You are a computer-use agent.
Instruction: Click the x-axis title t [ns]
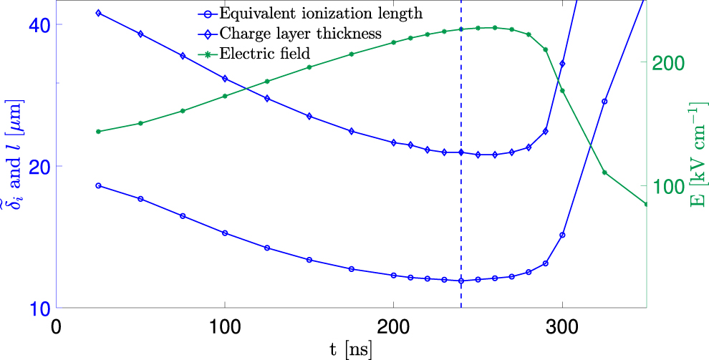(351, 349)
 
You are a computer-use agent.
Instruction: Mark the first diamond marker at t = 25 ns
(98, 13)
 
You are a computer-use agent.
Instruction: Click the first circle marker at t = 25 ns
(98, 185)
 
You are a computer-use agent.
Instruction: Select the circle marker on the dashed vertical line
(461, 281)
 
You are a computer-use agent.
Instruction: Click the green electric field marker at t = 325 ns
(604, 172)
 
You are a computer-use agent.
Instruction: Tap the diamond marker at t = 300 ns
(562, 64)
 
